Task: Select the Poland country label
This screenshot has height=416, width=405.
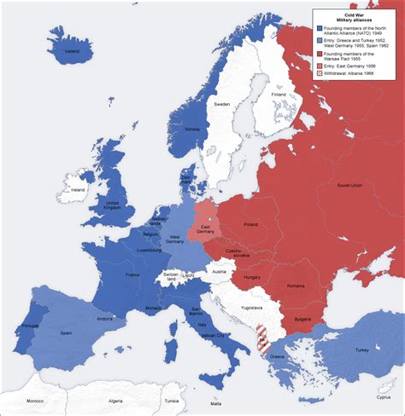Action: pyautogui.click(x=251, y=224)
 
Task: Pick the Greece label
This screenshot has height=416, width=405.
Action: pyautogui.click(x=278, y=357)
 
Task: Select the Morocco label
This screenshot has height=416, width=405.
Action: pyautogui.click(x=33, y=400)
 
